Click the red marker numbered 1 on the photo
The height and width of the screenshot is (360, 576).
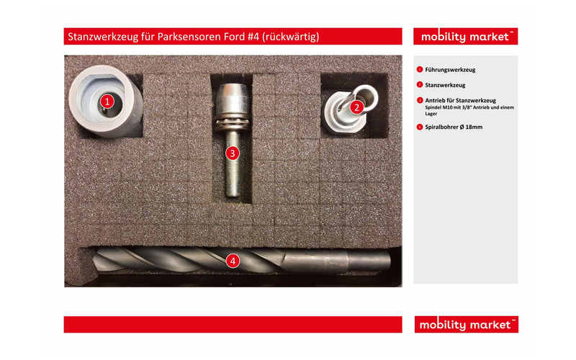coord(107,101)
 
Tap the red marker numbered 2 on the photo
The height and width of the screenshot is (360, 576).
coord(356,107)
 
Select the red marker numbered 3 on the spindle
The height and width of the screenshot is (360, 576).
coord(232,153)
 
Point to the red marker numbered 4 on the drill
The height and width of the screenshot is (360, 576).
coord(233,261)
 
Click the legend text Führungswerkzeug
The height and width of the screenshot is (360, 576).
coord(450,70)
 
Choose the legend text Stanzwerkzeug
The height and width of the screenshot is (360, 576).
coord(445,85)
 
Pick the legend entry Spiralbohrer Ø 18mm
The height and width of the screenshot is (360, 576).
coord(454,127)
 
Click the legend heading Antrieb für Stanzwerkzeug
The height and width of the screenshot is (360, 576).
coord(460,100)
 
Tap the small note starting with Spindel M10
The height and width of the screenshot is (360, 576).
coord(469,111)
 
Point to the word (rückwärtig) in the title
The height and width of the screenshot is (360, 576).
coord(291,37)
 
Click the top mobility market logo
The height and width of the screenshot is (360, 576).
coord(465,37)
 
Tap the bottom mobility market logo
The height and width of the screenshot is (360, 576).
coord(466,325)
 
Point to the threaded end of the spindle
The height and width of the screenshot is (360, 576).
coord(233,190)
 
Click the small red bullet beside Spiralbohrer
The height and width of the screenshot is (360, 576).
coord(420,127)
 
